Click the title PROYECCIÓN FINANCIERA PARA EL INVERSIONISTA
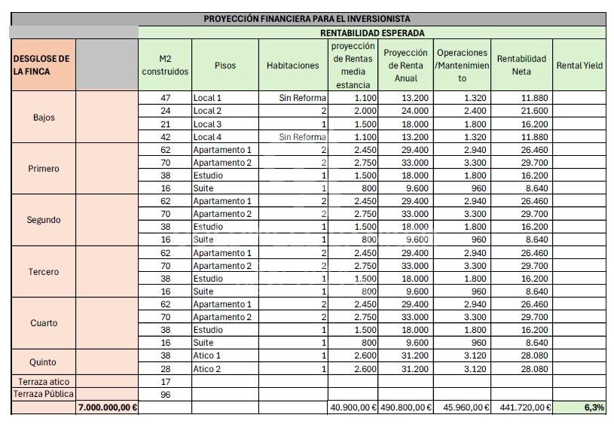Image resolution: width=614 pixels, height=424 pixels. coord(307,19)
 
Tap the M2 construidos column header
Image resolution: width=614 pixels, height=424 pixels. coord(165,66)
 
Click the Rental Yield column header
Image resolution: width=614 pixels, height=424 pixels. coord(579,66)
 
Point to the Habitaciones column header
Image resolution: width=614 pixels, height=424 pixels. coord(292,66)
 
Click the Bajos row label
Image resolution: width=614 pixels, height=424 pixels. coord(44,117)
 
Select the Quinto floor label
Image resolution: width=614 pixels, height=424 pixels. coord(44,362)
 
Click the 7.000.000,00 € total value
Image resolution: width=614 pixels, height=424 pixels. coord(107,407)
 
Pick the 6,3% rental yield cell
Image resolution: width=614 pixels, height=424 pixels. coord(593,407)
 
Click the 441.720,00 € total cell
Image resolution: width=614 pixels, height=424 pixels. coord(522,407)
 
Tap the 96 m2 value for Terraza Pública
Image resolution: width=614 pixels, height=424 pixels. coord(166,394)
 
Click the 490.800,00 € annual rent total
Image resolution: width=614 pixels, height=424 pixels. coord(405,407)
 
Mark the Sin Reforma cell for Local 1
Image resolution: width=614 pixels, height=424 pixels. coord(302,98)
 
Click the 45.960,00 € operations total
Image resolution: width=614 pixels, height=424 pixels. coord(463,407)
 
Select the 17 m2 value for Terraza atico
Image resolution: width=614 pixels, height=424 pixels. coord(166,382)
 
